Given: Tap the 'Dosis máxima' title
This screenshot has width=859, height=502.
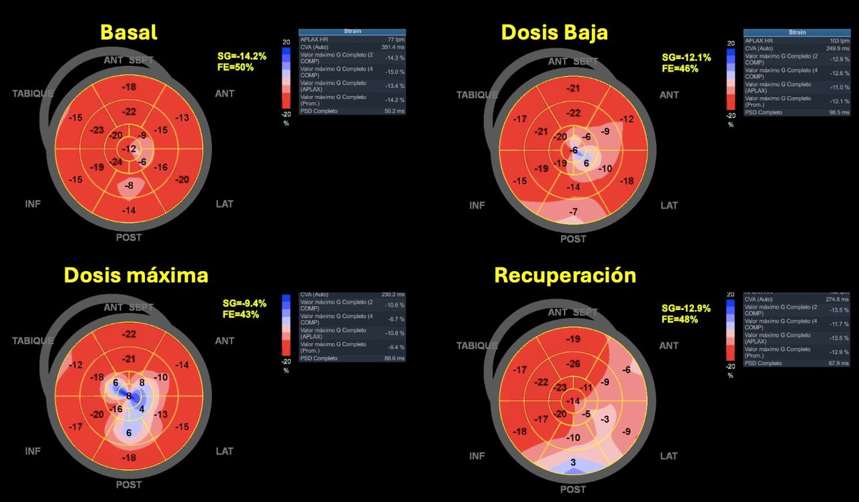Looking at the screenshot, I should pos(136,275).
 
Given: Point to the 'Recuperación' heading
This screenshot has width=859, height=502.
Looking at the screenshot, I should pos(564,275).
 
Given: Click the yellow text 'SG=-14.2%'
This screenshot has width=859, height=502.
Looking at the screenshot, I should pos(242,56).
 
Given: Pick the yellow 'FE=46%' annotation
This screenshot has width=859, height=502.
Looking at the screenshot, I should pos(680,68).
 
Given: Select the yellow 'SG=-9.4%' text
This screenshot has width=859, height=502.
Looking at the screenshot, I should pos(245,303).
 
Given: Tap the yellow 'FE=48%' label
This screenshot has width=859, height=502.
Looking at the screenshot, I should pos(680,319).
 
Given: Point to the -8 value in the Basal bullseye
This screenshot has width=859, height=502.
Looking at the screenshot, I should pos(129,185).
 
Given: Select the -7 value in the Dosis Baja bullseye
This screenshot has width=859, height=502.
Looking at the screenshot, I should pos(572,212).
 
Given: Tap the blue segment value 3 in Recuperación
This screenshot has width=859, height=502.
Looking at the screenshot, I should pos(572,462).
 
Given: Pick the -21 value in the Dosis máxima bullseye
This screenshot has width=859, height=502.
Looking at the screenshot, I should pos(129,359).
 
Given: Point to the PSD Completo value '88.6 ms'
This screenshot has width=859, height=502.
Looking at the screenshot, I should pos(394,358).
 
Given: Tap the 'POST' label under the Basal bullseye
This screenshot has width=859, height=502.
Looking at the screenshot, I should pos(129,237).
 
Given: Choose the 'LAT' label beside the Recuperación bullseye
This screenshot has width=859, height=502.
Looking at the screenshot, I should pos(668,456).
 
